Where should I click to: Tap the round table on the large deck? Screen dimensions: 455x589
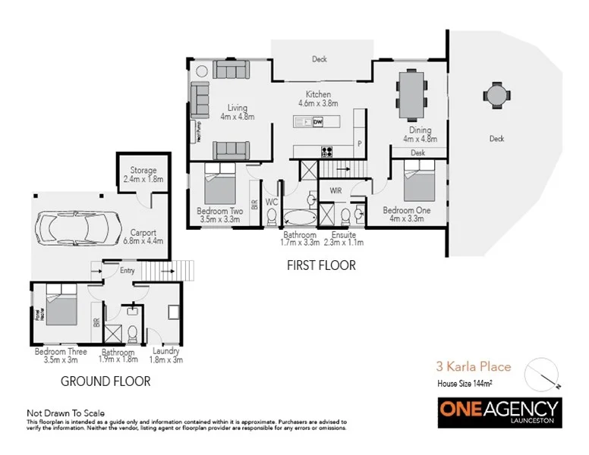(x=497, y=96)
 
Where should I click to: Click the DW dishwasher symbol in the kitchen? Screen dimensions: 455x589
(x=318, y=121)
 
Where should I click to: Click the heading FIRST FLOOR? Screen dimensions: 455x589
(x=320, y=265)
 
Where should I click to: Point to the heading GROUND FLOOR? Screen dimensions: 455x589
(x=105, y=381)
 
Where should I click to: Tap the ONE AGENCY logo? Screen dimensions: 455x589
(x=499, y=410)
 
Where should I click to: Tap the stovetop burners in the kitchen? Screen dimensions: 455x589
(x=328, y=150)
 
